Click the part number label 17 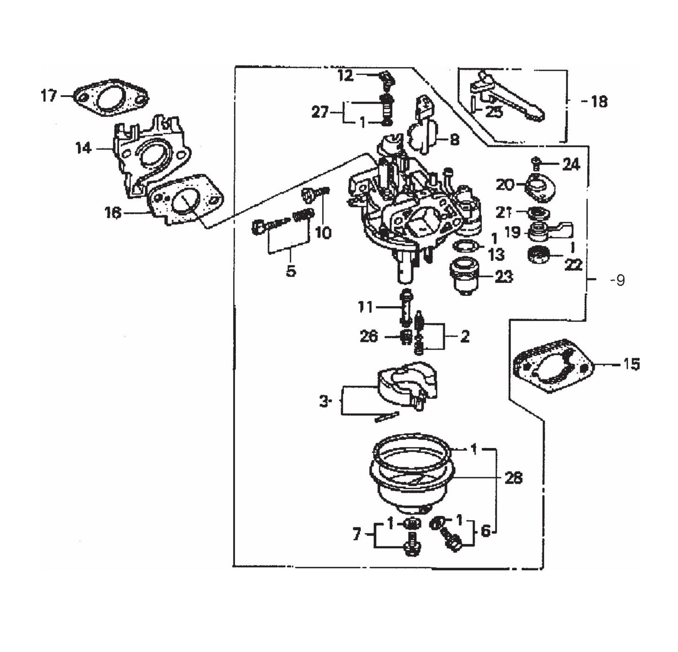coord(49,96)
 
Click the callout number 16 coord(113,213)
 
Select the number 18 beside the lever coord(599,102)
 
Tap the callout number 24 coord(571,164)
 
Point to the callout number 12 coord(345,76)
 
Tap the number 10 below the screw coord(323,233)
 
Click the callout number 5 coord(291,271)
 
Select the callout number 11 coord(366,307)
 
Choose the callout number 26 coord(368,336)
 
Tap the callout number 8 coord(454,139)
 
